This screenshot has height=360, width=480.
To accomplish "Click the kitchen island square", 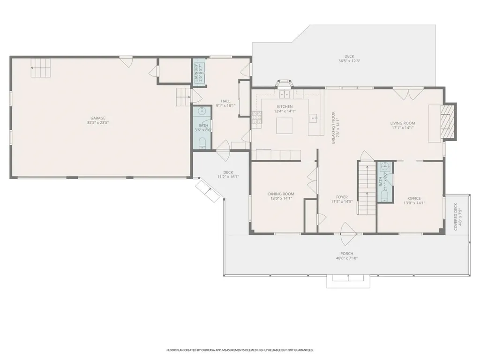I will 285,126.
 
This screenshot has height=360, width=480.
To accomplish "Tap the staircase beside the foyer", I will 365,187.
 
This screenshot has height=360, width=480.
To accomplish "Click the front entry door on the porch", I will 347,232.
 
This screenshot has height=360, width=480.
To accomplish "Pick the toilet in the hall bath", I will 202,142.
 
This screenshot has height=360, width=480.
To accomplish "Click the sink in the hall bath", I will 202,112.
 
